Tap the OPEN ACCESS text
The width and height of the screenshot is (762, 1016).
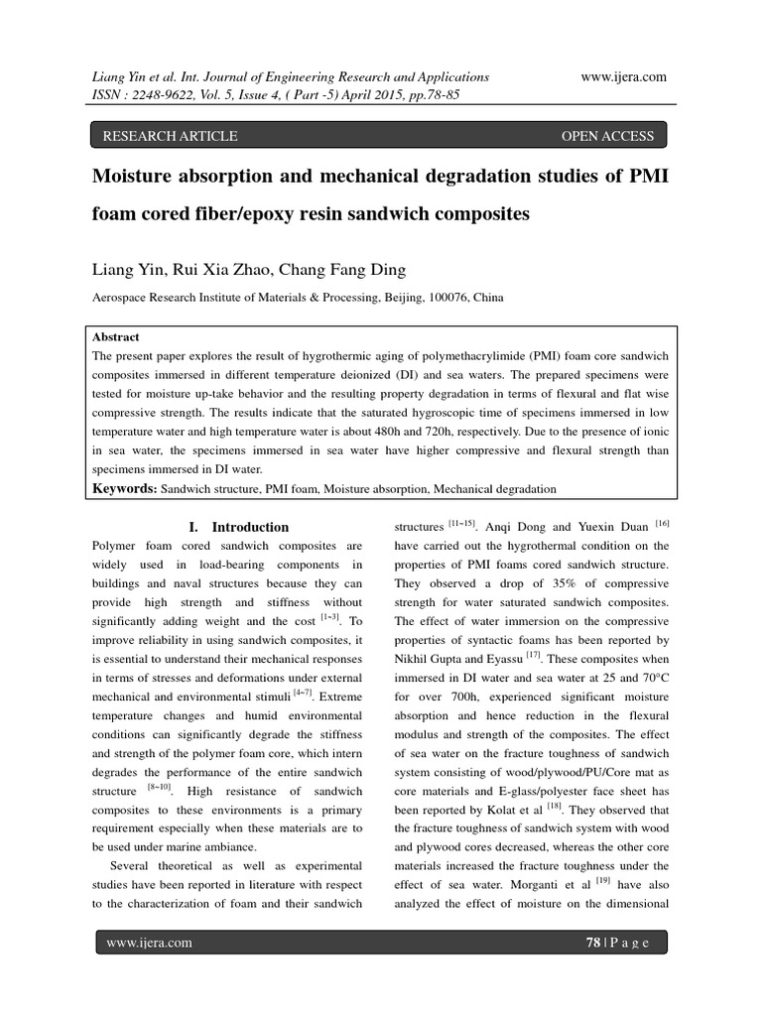(607, 136)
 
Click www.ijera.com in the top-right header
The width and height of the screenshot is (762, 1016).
(623, 76)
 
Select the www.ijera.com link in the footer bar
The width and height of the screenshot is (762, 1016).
(149, 943)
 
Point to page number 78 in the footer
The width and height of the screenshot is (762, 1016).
(593, 943)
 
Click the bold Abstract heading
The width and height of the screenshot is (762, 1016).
(116, 337)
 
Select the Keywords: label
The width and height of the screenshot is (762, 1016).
(125, 489)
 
